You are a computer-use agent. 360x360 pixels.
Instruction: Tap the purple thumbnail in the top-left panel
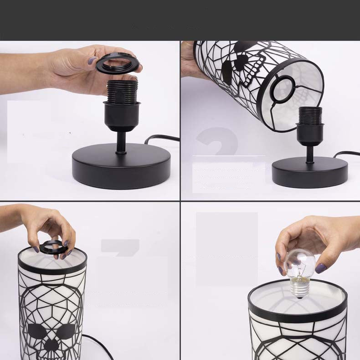92,60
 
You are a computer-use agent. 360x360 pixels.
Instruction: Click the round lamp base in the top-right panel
310,172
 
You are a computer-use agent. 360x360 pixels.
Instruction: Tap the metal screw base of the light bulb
300,289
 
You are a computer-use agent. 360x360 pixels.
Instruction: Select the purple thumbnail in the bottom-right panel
321,268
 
